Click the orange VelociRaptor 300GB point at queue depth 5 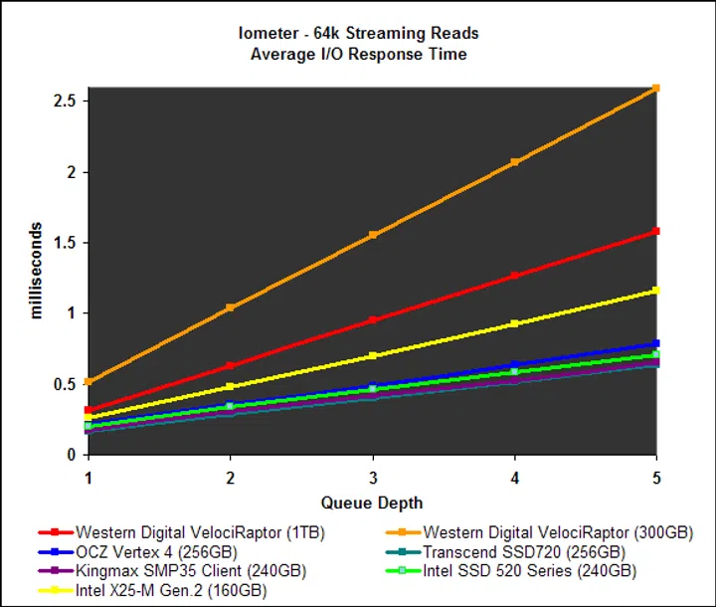[655, 89]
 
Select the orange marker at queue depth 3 [373, 235]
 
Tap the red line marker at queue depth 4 [514, 276]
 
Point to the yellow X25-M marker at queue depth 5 [655, 291]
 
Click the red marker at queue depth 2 [231, 365]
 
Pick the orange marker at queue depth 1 [89, 381]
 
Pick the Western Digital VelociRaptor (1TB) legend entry [200, 531]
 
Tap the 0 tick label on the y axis [73, 455]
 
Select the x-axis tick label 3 [373, 477]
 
